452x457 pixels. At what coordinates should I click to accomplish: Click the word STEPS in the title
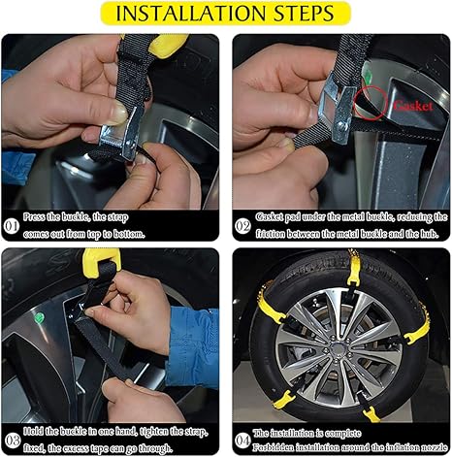(x=304, y=14)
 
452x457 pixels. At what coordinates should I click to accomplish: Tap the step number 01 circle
(x=11, y=226)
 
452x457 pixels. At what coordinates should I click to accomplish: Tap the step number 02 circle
(x=242, y=226)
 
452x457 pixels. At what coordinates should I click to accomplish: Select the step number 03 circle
(x=13, y=441)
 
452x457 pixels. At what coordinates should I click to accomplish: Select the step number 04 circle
(x=242, y=441)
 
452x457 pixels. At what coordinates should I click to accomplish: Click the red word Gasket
(x=413, y=106)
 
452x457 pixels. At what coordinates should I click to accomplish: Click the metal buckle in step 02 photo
(x=337, y=109)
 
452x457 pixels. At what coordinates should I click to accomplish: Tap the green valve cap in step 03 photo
(x=39, y=317)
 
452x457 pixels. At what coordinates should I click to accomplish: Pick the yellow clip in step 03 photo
(x=101, y=262)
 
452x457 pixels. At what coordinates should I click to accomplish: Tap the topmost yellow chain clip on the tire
(x=353, y=268)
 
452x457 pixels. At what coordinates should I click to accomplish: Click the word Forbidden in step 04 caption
(x=274, y=447)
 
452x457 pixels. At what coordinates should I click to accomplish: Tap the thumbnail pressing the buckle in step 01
(x=118, y=114)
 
